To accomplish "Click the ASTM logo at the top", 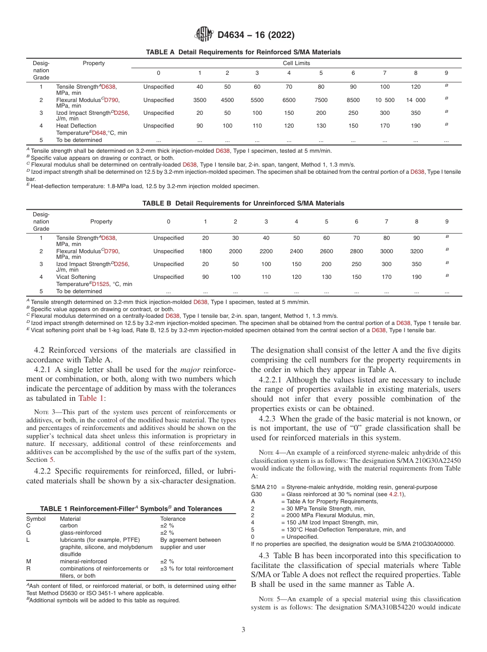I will pos(205,35).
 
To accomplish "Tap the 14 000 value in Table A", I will pos(416,100).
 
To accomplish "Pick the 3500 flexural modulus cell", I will pos(200,100).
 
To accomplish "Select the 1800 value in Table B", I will pos(206,251).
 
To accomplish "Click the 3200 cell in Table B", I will pos(417,251).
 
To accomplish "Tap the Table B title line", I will pos(243,203).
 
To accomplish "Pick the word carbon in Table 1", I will pos(69,525).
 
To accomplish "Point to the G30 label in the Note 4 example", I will pos(256,494).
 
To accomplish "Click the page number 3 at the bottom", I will pos(243,629).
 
